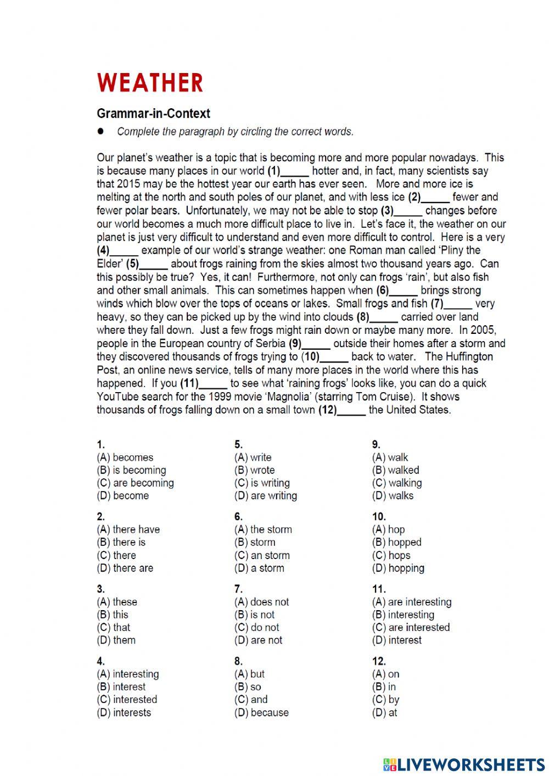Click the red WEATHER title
pos(150,83)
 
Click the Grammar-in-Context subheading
pos(153,114)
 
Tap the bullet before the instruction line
pos(100,131)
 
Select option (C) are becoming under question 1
pos(135,483)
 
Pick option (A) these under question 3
pos(117,602)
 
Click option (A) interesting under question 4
pos(128,674)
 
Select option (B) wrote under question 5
pos(254,470)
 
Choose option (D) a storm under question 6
pos(259,568)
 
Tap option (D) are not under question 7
pos(258,640)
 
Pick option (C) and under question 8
pos(251,700)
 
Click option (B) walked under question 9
pos(395,470)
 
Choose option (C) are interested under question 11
pos(411,627)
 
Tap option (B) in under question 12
pos(384,686)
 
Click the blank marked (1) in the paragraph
pos(295,171)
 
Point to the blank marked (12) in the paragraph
pos(352,410)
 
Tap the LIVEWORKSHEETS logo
pos(464,764)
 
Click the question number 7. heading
pos(238,589)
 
